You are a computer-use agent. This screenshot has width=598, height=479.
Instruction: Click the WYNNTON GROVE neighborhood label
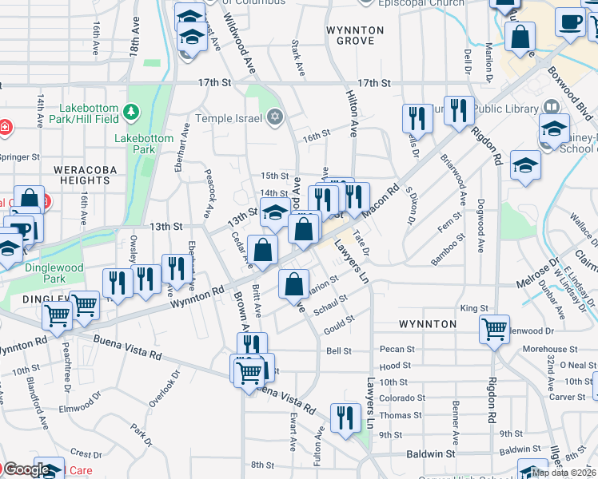pos(355,35)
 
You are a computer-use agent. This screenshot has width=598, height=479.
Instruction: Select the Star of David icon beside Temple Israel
pos(275,118)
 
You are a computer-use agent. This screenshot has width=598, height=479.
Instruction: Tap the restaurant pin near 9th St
pos(345,418)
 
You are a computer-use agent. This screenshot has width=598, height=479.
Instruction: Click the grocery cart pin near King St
pos(494,328)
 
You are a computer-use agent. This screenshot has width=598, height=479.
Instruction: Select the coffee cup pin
pos(570,22)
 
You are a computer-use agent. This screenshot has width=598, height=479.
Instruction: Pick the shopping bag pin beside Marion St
pos(294,283)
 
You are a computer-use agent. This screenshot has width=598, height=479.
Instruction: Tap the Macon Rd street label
pos(380,202)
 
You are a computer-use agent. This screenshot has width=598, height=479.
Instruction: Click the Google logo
pos(26,469)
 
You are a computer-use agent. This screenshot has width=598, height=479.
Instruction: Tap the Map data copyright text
pos(562,473)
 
